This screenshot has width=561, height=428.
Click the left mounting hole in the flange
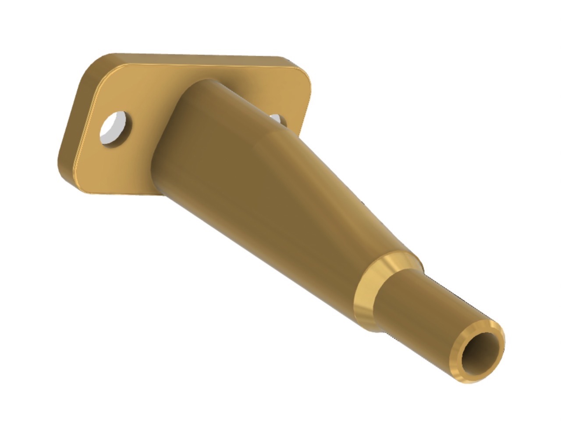pyautogui.click(x=115, y=128)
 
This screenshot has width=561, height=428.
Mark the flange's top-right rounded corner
pyautogui.click(x=302, y=70)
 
